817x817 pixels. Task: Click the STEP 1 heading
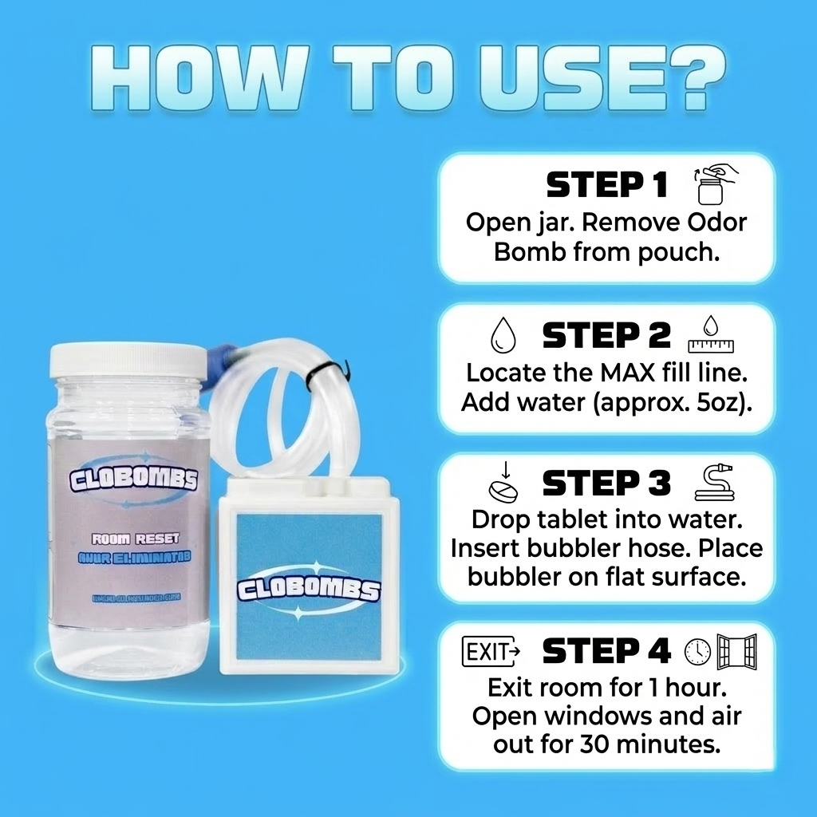point(606,185)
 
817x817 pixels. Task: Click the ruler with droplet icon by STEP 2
point(710,335)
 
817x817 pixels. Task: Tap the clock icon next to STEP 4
point(697,652)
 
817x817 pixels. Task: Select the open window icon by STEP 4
point(736,652)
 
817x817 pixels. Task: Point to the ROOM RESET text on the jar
point(135,540)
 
